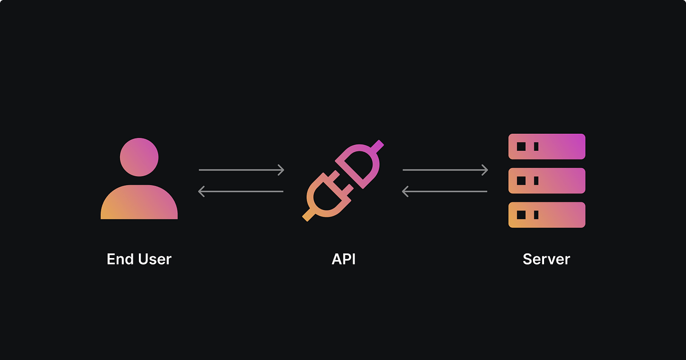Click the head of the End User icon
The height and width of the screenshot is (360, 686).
[x=139, y=157]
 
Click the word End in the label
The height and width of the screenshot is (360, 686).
[x=119, y=259]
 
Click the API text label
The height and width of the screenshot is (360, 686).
[x=344, y=259]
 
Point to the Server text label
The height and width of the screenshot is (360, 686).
[x=546, y=259]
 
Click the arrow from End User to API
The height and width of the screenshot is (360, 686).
[x=241, y=170]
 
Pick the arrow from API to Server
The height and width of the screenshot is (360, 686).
[x=445, y=170]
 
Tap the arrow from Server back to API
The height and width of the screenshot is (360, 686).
[x=444, y=191]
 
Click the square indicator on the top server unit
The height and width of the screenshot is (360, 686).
[x=521, y=146]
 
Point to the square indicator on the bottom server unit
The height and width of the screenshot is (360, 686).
[x=521, y=215]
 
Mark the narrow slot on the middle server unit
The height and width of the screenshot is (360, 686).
[x=536, y=181]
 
